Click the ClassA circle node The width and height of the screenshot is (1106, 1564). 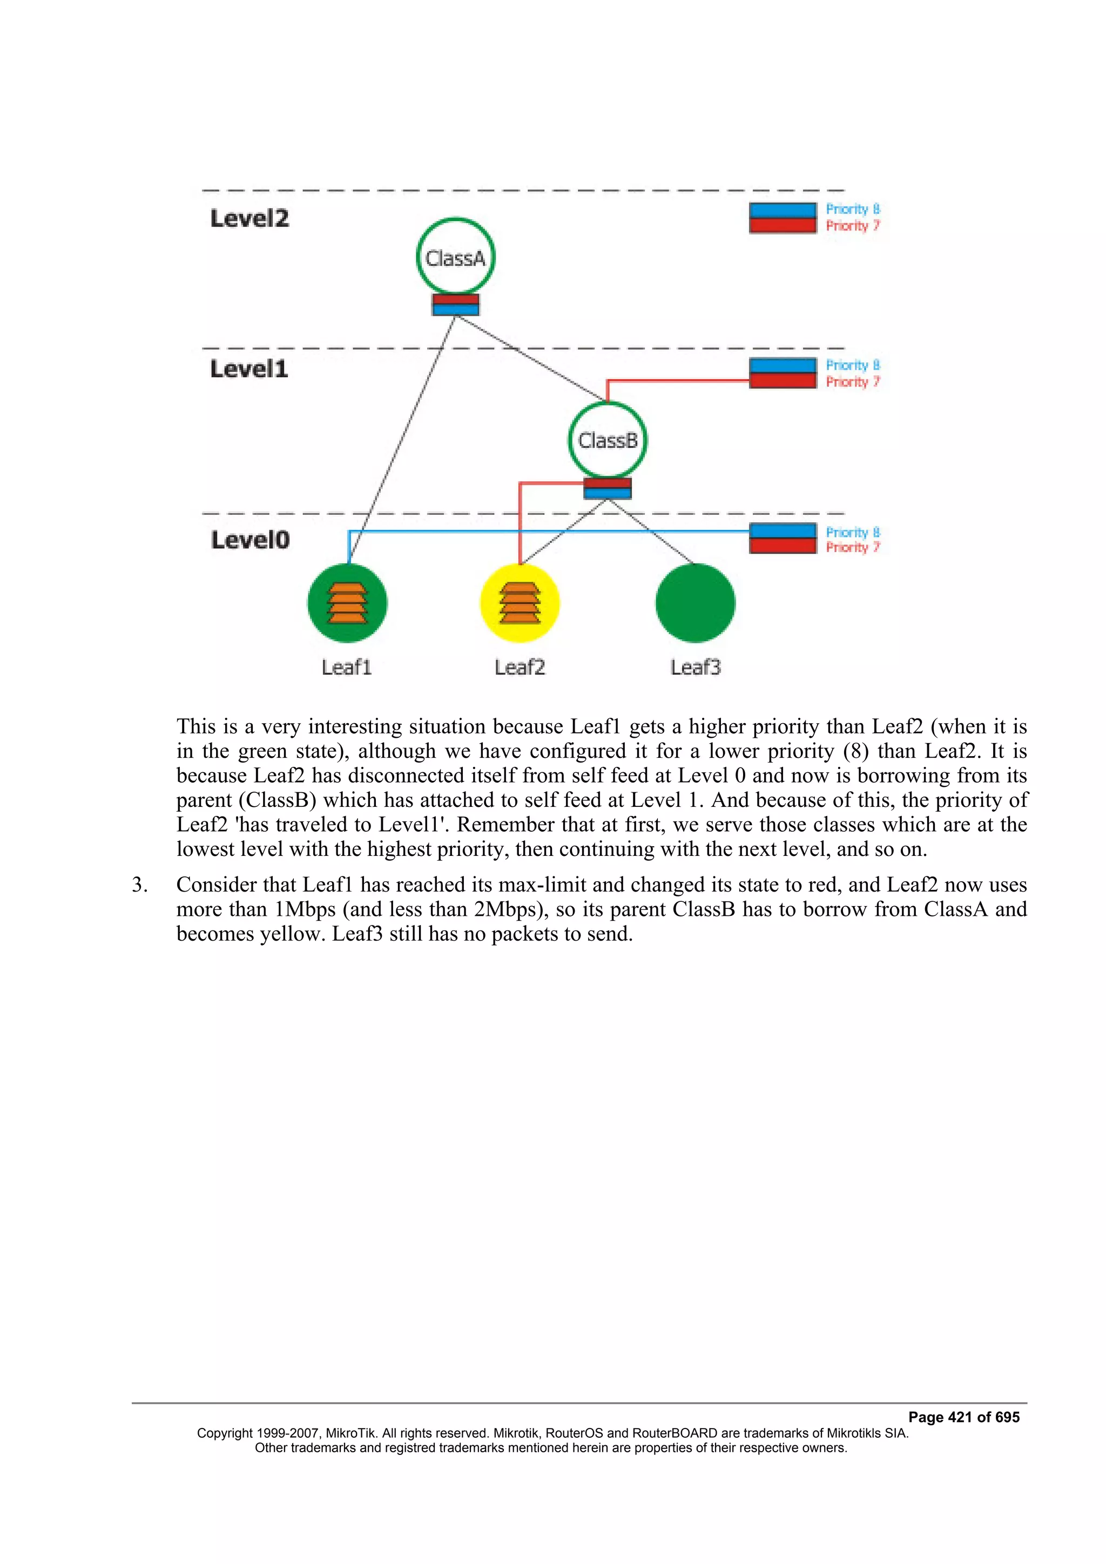click(x=455, y=257)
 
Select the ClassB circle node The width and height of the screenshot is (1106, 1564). click(x=607, y=440)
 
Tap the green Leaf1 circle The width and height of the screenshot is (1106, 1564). click(x=348, y=603)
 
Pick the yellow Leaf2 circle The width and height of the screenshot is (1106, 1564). click(x=520, y=603)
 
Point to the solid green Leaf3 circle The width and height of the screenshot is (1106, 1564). click(x=695, y=603)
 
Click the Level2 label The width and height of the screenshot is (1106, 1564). click(x=249, y=219)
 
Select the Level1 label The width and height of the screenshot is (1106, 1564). click(x=249, y=369)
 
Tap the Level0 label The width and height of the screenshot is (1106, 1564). click(x=250, y=540)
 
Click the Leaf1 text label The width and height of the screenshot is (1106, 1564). click(x=347, y=668)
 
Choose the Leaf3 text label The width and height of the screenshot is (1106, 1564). click(x=695, y=668)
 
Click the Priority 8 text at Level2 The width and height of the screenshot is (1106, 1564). click(x=853, y=209)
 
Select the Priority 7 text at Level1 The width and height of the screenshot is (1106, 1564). click(x=853, y=382)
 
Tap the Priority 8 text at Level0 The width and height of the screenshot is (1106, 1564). click(x=853, y=532)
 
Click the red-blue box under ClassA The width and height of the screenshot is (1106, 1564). click(x=455, y=304)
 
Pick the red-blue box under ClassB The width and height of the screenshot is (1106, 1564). click(x=607, y=488)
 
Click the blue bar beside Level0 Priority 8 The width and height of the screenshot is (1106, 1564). click(x=783, y=531)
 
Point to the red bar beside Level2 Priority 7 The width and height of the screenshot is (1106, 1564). click(x=783, y=226)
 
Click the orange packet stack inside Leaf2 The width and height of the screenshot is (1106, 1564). click(x=520, y=603)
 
